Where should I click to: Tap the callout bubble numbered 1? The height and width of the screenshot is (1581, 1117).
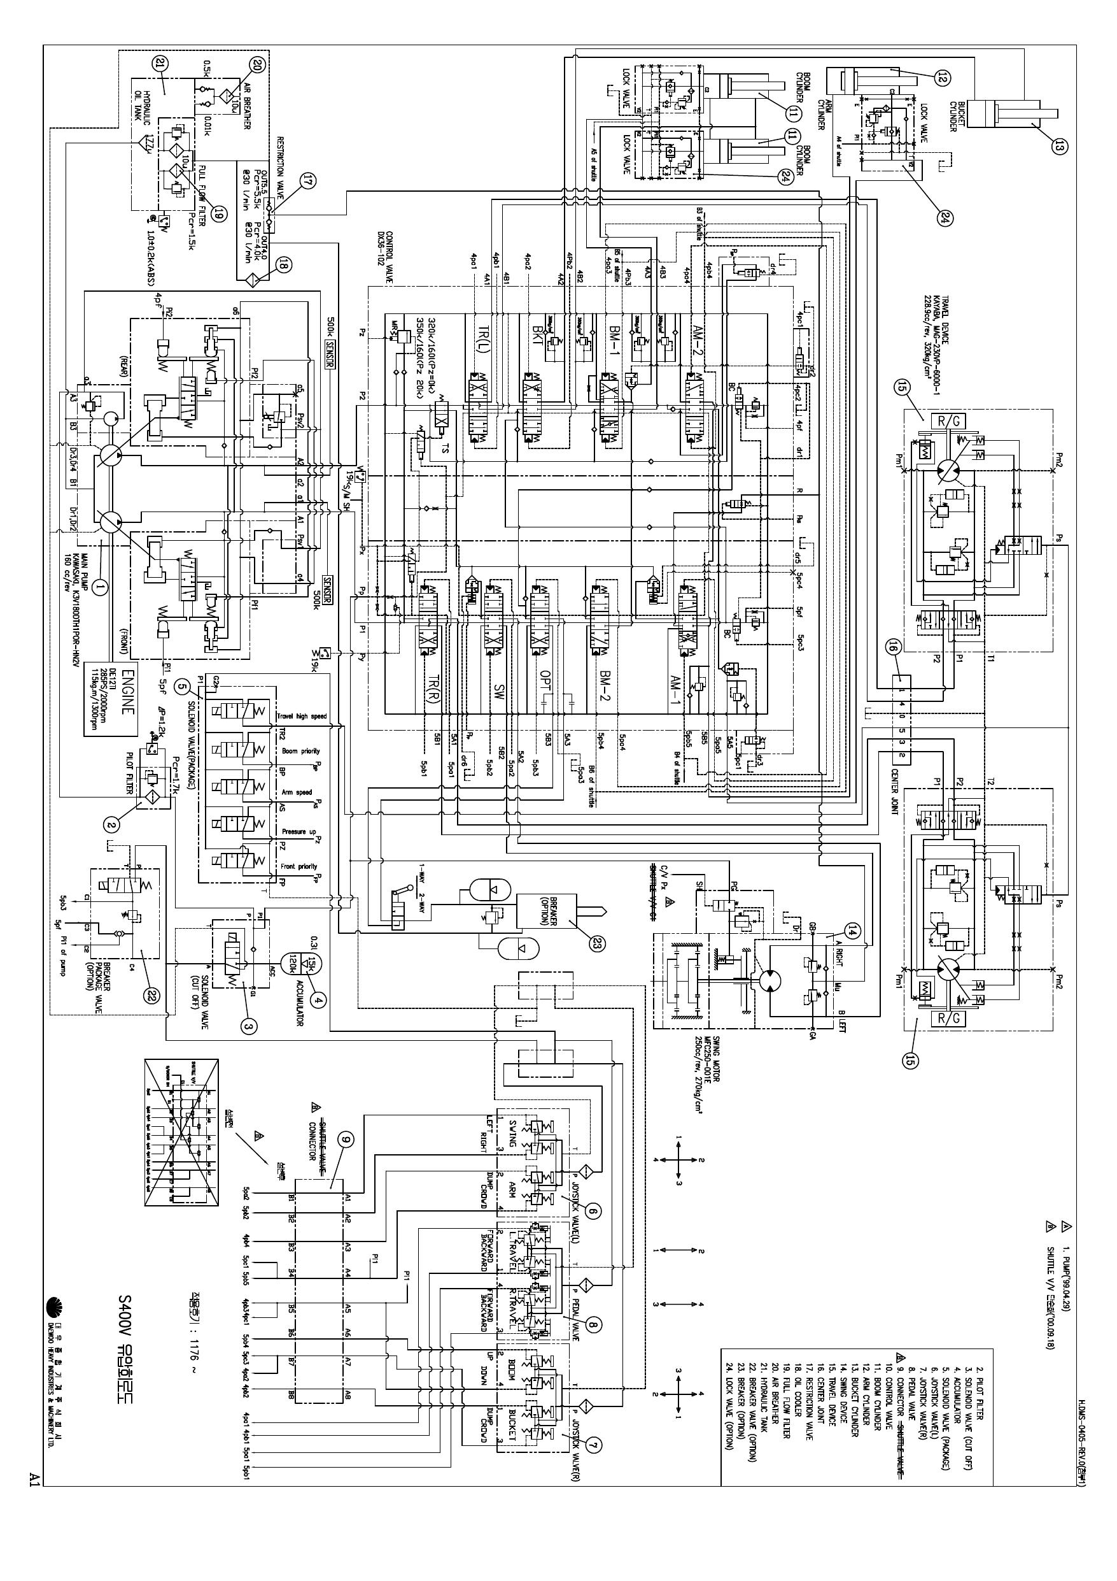(101, 587)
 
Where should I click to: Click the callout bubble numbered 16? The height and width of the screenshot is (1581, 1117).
(894, 647)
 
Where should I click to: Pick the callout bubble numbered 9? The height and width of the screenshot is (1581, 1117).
(346, 1141)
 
